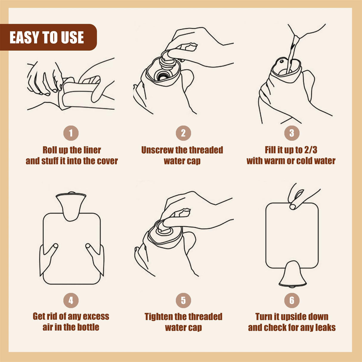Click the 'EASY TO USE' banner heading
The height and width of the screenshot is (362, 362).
pyautogui.click(x=47, y=37)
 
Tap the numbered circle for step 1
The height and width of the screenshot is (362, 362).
pyautogui.click(x=71, y=133)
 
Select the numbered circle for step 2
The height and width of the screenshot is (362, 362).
pyautogui.click(x=183, y=133)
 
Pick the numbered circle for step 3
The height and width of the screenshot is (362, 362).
pyautogui.click(x=292, y=133)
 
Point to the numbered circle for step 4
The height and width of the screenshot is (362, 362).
pyautogui.click(x=71, y=300)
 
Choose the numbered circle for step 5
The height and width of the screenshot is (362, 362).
pyautogui.click(x=183, y=300)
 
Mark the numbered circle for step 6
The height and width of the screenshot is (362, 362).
pyautogui.click(x=292, y=300)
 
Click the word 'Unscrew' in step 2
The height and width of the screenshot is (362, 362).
pyautogui.click(x=157, y=150)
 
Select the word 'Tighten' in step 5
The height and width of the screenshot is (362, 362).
pyautogui.click(x=159, y=317)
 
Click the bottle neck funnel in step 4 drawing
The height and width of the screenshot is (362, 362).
pyautogui.click(x=71, y=206)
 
